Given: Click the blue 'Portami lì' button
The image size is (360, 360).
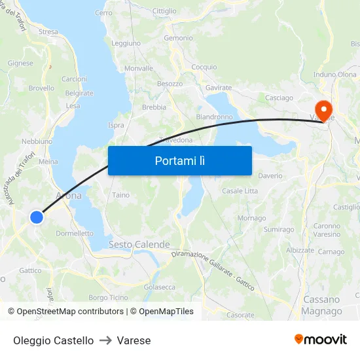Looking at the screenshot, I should click(179, 160).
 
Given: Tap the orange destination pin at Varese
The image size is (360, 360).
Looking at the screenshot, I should click(323, 109).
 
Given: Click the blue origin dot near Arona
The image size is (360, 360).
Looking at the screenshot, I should click(37, 217).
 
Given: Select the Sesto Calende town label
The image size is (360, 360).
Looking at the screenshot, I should click(139, 244).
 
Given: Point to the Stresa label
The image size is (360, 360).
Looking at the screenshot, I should click(48, 31).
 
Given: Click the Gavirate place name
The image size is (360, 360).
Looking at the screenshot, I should click(219, 88).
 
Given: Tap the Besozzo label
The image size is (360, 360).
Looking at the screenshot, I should click(170, 84).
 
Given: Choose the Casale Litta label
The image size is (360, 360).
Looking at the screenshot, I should click(240, 191).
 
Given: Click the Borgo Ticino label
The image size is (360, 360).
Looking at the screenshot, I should click(108, 297).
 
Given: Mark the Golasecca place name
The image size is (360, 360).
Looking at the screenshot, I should click(160, 287).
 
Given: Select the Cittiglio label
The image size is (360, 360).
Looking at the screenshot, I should click(164, 11).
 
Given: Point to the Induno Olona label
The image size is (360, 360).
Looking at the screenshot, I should click(335, 75).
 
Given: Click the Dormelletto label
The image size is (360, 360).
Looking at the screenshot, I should click(75, 233).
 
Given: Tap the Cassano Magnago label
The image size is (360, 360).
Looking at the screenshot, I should click(322, 306).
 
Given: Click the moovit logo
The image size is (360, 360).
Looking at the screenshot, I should click(321, 340).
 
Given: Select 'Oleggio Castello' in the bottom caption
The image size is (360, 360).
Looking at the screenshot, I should click(53, 340).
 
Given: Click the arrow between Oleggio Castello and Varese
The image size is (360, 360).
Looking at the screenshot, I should click(105, 340).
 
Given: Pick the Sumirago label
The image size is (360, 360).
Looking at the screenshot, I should click(279, 230).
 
